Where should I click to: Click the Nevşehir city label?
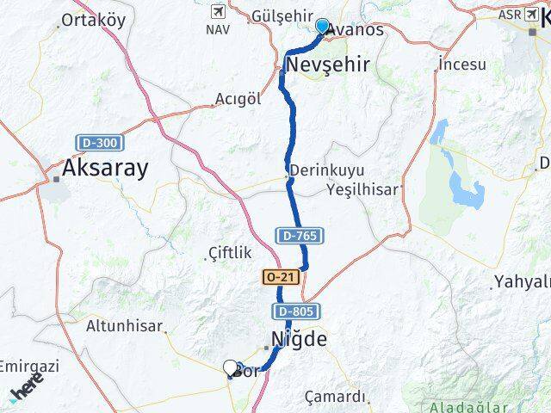pos(327,65)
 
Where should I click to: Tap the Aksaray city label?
pos(104,168)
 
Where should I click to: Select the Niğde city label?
pos(299,339)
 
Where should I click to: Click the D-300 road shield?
pos(100,142)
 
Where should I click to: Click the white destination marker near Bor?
pos(230,368)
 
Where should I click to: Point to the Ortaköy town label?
pos(94,20)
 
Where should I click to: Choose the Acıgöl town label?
pos(238,98)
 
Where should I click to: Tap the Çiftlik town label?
pos(230,252)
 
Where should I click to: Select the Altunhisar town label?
pos(124,326)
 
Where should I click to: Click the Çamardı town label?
pos(336,397)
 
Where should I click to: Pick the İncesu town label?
pos(463,65)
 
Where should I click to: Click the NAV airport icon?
pos(216,12)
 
